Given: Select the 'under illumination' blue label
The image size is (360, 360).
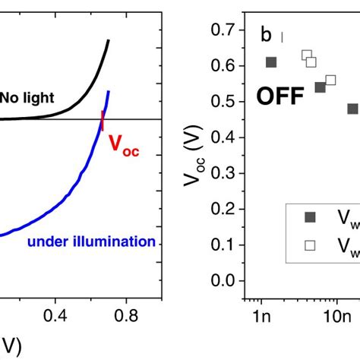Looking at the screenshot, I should (x=91, y=242).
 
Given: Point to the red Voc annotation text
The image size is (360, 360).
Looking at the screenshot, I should (x=125, y=144).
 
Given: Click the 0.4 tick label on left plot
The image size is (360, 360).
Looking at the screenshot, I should (x=55, y=314).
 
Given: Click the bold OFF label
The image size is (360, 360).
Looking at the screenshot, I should (x=280, y=97).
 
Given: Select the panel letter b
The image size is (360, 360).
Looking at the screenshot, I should (x=266, y=36).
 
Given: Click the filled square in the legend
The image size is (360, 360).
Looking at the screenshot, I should (x=310, y=217).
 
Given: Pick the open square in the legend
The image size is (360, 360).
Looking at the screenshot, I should (x=310, y=245).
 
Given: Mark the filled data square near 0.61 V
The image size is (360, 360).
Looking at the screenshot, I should (x=271, y=62).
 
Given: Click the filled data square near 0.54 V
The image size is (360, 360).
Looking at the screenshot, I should (x=320, y=87).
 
